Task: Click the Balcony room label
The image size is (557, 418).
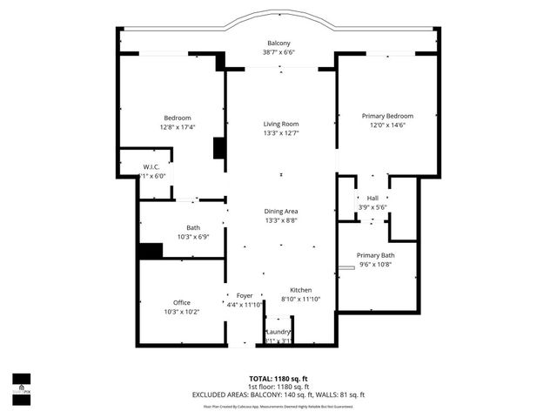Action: point(278,43)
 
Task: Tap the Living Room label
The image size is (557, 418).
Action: point(281,125)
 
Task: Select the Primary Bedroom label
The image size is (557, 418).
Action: point(387,116)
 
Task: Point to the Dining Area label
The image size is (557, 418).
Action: point(281,212)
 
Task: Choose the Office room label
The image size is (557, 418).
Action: point(181,302)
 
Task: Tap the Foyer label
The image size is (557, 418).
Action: point(245,295)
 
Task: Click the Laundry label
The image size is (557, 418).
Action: point(278,332)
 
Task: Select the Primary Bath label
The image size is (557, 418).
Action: point(375,255)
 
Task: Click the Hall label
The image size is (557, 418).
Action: point(372,199)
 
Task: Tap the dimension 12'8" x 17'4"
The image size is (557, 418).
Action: point(178,126)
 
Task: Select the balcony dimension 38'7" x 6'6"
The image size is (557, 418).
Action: point(278,51)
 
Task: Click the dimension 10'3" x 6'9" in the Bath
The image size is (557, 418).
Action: point(181,236)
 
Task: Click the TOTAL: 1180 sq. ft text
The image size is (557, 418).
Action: point(278,378)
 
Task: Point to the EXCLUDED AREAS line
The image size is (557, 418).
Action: point(278,394)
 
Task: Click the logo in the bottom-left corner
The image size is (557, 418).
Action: point(21,384)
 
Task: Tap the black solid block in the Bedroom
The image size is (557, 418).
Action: point(219,148)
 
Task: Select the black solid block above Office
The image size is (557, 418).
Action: point(151,251)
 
